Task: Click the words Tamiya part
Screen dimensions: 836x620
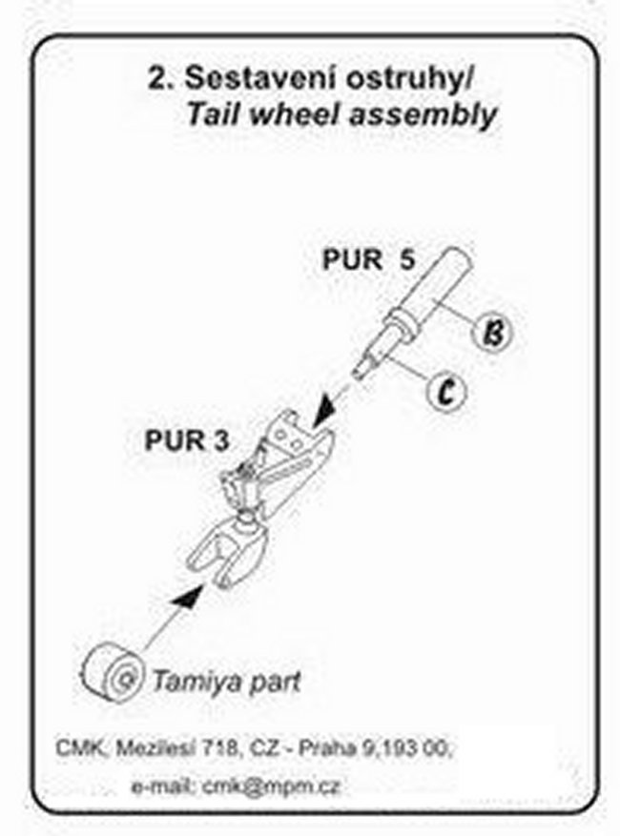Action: click(x=228, y=682)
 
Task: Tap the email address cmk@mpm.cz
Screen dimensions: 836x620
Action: click(x=271, y=786)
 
